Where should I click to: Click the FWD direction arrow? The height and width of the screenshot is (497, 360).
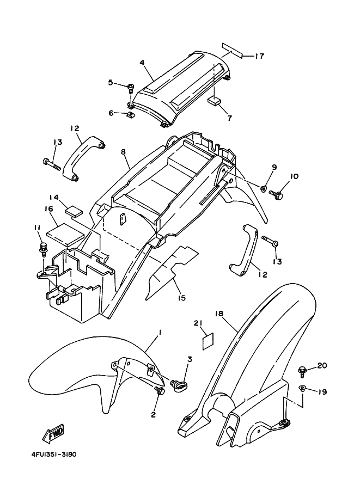[53, 433]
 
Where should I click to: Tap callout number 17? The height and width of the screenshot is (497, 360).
[259, 57]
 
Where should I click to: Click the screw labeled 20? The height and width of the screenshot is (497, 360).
[301, 371]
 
